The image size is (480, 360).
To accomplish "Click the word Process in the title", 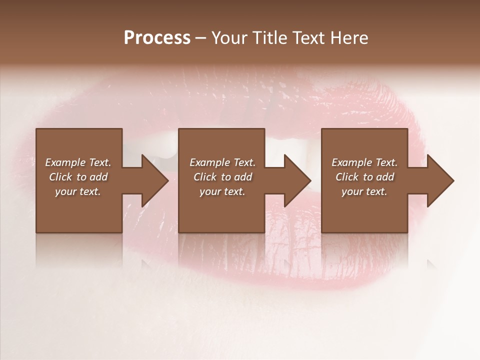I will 157,38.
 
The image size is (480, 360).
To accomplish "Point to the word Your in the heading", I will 229,38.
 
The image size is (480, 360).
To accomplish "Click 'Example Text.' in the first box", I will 78,162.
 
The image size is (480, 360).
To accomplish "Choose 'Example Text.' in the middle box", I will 222,162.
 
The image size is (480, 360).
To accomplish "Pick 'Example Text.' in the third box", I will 364,162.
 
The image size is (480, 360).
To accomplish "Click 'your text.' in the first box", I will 78,191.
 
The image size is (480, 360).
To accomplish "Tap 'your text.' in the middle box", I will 222,191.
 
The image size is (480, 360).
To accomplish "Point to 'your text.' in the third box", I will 364,191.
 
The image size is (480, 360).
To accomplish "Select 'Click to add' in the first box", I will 78,177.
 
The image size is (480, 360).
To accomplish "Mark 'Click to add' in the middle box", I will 222,177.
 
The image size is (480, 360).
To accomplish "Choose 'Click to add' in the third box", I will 364,177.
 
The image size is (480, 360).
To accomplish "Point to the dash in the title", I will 200,38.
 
